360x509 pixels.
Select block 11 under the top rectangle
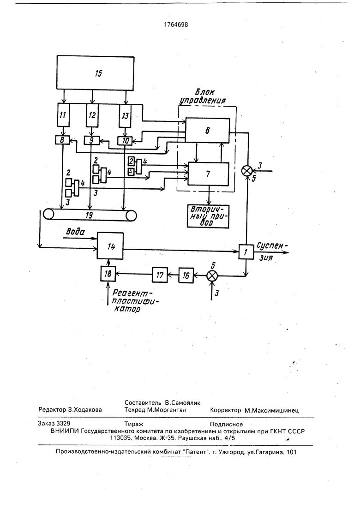point(63,115)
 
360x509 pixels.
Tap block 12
point(92,115)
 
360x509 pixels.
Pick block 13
point(125,115)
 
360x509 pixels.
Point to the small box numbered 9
point(91,139)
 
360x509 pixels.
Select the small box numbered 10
point(125,140)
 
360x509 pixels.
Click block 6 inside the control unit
point(208,131)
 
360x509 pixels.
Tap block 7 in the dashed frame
point(208,174)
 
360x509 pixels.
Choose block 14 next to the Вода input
point(111,247)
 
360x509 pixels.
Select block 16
point(186,275)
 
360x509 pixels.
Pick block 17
point(160,275)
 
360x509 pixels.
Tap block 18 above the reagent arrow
point(108,273)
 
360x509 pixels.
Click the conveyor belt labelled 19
point(90,215)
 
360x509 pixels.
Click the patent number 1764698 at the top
point(174,25)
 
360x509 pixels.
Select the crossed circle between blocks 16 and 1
point(213,275)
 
